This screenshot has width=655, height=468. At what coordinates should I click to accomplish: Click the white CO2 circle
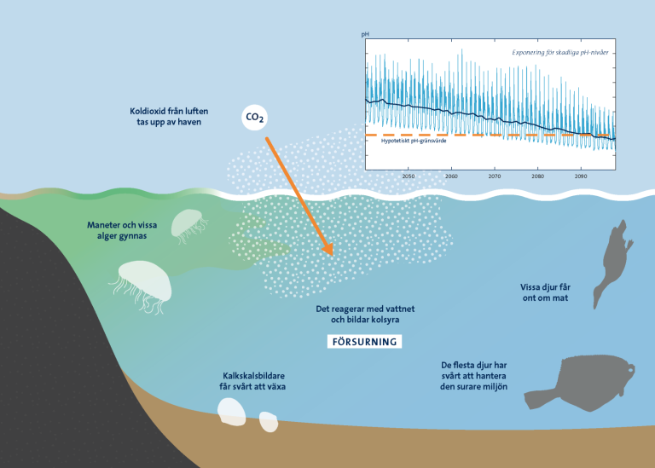point(254,118)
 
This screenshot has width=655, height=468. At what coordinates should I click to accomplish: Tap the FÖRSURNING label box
point(364,342)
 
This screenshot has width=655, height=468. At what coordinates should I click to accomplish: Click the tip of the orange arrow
point(333,255)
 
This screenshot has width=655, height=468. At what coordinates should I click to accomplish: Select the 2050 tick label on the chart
point(409,176)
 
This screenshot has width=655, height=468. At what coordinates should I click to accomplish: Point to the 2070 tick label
point(495,176)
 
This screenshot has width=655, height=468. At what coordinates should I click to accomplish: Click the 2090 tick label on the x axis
point(581,176)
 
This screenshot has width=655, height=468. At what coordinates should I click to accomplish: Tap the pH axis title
point(365,34)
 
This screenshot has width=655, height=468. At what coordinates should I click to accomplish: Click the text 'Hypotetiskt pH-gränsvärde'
point(414,142)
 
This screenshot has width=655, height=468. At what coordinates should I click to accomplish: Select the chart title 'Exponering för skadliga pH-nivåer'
point(560,53)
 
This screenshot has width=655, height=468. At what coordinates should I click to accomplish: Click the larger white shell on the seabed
point(231,412)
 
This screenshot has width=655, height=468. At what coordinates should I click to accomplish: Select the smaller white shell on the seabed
point(268,422)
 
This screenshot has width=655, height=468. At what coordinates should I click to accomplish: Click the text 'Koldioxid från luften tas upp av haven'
point(169,117)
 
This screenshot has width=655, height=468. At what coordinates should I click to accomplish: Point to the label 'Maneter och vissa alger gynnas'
point(122,230)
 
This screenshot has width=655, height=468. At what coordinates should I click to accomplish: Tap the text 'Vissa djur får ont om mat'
point(545,292)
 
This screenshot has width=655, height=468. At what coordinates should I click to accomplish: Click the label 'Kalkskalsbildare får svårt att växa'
point(252,381)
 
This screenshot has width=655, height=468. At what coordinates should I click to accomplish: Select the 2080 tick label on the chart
point(537,176)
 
